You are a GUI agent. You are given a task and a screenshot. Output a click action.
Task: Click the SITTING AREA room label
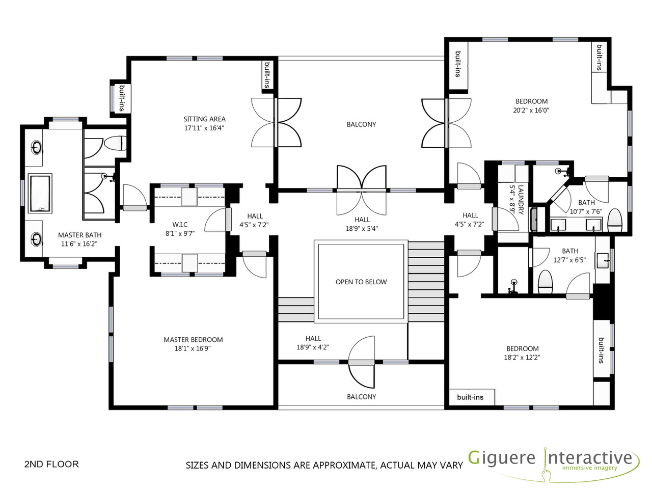(204, 119)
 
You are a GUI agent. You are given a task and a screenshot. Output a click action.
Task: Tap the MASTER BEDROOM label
(193, 340)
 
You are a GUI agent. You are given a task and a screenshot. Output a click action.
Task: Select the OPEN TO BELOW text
(361, 282)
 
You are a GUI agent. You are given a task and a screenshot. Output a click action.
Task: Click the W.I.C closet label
(180, 225)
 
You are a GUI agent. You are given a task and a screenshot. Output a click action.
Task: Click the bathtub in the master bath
(40, 193)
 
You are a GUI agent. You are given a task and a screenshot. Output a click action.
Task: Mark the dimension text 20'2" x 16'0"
(531, 110)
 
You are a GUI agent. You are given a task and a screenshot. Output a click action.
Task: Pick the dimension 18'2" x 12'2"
(522, 358)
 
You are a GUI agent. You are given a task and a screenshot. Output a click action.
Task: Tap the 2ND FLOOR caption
(51, 464)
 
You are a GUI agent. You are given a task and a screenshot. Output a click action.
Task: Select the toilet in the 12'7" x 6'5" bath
(546, 282)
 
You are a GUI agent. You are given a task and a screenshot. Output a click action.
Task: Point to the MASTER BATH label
(79, 235)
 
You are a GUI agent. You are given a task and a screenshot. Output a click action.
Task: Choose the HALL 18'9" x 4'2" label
(313, 343)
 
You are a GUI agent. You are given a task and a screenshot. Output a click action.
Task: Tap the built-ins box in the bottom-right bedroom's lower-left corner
(470, 397)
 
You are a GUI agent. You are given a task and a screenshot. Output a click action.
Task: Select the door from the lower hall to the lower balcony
(361, 362)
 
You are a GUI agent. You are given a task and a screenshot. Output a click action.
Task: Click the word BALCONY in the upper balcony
(361, 124)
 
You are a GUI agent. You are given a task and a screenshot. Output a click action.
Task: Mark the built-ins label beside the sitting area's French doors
(267, 75)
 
